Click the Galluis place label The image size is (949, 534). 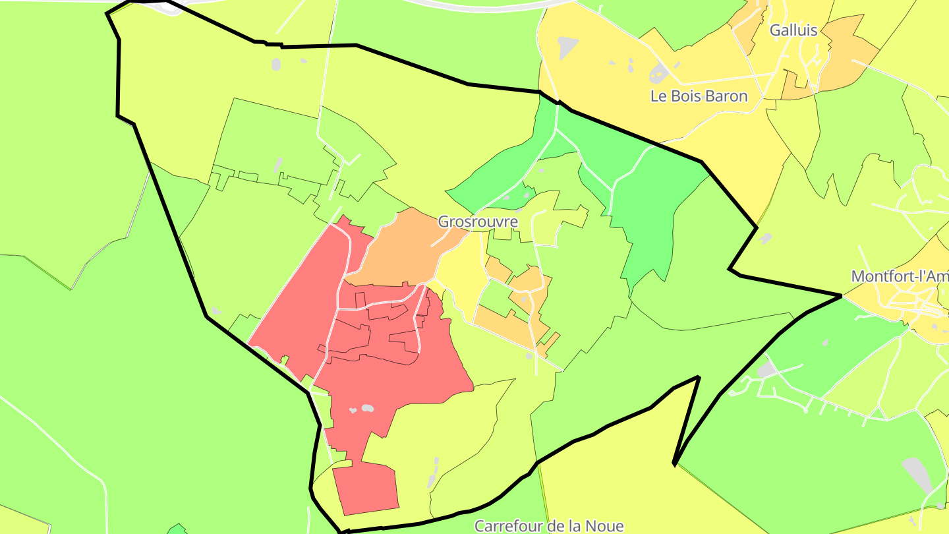(793, 30)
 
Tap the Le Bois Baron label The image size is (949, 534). (699, 96)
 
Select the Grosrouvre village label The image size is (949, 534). (477, 222)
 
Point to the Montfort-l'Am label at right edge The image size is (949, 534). (900, 276)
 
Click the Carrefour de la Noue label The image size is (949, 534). (549, 526)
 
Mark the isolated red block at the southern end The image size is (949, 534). (366, 488)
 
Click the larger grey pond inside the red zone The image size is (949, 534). (368, 408)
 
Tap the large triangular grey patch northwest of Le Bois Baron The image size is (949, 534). (567, 46)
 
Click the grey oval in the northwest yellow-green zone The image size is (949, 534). (275, 65)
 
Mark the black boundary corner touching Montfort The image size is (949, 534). (842, 296)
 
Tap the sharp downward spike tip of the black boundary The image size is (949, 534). (674, 464)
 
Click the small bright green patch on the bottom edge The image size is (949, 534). (177, 529)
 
